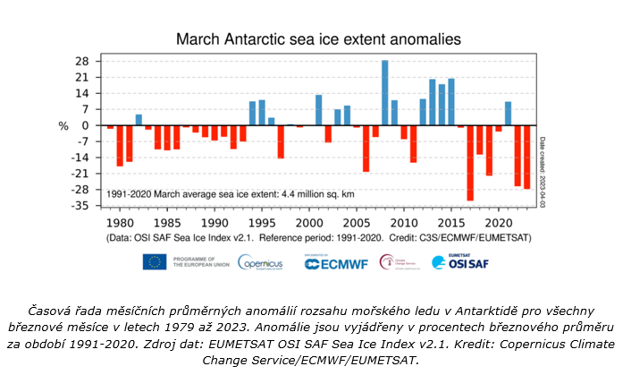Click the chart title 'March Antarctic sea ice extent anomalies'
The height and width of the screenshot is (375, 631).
(318, 39)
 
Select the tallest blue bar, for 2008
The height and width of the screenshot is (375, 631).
(385, 93)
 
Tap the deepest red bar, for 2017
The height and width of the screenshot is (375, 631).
(470, 163)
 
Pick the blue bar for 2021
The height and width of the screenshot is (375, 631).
(509, 114)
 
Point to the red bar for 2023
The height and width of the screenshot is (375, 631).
(527, 157)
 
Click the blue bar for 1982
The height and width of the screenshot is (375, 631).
(139, 120)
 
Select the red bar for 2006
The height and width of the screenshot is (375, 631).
(366, 149)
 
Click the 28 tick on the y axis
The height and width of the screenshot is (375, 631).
(81, 62)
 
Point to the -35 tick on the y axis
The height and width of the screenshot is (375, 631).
(80, 206)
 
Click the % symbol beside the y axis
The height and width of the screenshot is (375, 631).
(63, 126)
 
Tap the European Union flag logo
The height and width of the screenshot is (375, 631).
(154, 261)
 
